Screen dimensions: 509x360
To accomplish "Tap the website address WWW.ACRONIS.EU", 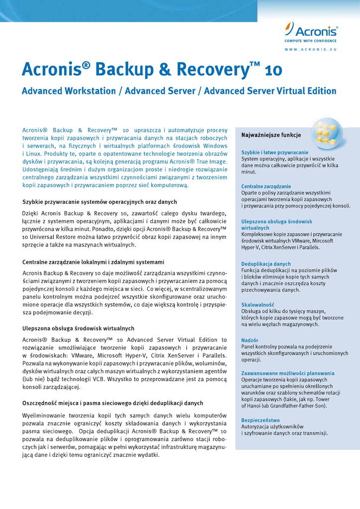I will pos(311,50).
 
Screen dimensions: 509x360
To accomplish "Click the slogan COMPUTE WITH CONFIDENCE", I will pos(311,41).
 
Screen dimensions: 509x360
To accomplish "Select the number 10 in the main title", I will pos(274,71).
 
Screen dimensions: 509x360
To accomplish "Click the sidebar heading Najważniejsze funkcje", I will pos(271,135).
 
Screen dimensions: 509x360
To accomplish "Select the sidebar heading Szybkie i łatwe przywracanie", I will pos(275,153).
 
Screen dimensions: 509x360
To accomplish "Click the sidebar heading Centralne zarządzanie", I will pos(266,186).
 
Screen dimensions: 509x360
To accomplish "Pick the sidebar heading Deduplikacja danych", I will pos(266,264).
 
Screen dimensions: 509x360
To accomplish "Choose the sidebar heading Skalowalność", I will pos(258,305).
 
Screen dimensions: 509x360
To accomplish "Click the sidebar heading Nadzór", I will pos(250,340).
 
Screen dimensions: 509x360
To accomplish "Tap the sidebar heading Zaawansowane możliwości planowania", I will pos(288,373).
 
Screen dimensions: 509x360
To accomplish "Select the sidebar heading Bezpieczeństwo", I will pos(261,420).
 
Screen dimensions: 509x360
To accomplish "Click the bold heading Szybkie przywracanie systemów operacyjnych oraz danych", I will pos(100,202).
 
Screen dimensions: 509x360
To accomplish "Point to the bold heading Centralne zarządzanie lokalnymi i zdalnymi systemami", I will pos(93,262).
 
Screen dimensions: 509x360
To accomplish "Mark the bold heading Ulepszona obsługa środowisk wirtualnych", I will pos(79,329).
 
